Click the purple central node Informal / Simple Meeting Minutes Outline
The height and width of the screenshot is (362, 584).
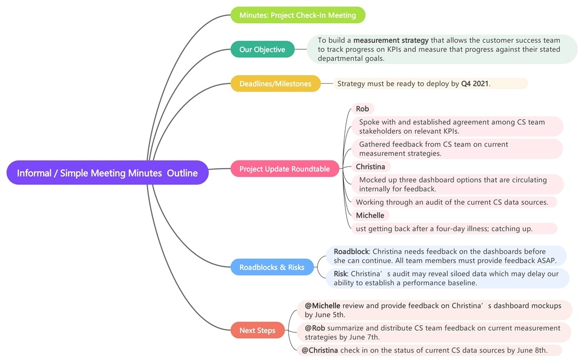tap(107, 173)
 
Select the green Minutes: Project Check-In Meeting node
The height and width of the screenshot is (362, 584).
tap(298, 15)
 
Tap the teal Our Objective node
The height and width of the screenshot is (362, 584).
tap(262, 50)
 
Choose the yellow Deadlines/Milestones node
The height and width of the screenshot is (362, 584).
tap(275, 84)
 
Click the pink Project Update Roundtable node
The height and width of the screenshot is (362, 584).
tap(284, 169)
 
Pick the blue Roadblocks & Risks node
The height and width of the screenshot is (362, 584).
tap(271, 267)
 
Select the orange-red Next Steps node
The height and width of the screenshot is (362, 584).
tap(257, 330)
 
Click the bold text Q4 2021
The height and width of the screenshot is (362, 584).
tap(475, 84)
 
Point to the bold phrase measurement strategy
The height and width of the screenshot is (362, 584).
tap(391, 40)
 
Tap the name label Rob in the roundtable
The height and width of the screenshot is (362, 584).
tap(362, 109)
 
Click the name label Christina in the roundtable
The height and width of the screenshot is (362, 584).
tap(370, 166)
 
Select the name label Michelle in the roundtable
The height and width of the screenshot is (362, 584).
tap(370, 215)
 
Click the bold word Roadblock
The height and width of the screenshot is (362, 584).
tap(351, 251)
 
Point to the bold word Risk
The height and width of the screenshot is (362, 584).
tap(340, 273)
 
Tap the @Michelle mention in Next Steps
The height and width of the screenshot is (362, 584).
tap(322, 306)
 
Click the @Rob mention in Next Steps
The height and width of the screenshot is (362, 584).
tap(315, 328)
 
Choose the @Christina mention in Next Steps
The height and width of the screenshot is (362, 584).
tap(320, 350)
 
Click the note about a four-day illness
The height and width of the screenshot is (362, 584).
tap(443, 229)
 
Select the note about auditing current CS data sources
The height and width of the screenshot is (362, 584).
tap(452, 202)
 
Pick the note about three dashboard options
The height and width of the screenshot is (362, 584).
tap(453, 184)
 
